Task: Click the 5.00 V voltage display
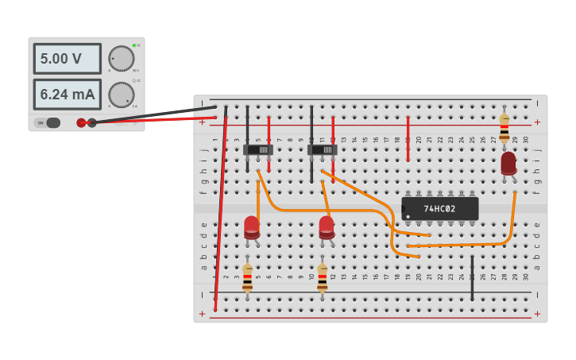pyautogui.click(x=67, y=59)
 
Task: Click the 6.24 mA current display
pyautogui.click(x=67, y=95)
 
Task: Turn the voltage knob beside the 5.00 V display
pyautogui.click(x=121, y=59)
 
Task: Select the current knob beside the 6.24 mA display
pyautogui.click(x=121, y=95)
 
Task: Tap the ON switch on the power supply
pyautogui.click(x=49, y=122)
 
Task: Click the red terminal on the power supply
pyautogui.click(x=81, y=122)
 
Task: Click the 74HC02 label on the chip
pyautogui.click(x=439, y=209)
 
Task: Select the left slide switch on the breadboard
pyautogui.click(x=257, y=149)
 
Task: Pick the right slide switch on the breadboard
pyautogui.click(x=322, y=149)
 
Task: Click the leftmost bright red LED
pyautogui.click(x=251, y=226)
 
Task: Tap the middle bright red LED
pyautogui.click(x=326, y=226)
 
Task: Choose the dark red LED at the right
pyautogui.click(x=508, y=163)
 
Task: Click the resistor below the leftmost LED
pyautogui.click(x=247, y=278)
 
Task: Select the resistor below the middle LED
pyautogui.click(x=322, y=278)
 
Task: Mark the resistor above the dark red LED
pyautogui.click(x=504, y=127)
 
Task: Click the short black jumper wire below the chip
pyautogui.click(x=472, y=278)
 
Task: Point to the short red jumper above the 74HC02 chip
pyautogui.click(x=408, y=139)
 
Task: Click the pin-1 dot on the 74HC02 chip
pyautogui.click(x=407, y=217)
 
